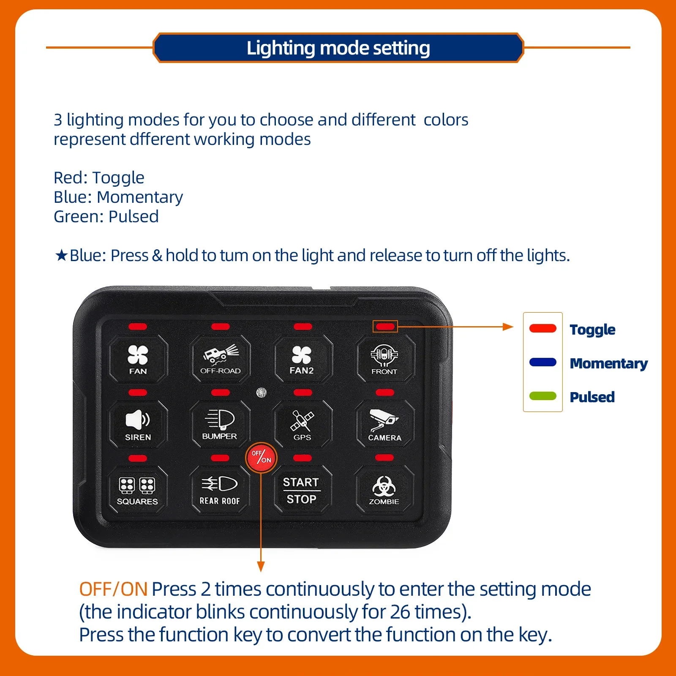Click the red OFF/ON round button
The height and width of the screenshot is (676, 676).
(261, 457)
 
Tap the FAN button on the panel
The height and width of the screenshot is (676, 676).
(138, 359)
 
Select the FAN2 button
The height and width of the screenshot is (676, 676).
(302, 359)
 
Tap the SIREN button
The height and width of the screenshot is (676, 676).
(138, 424)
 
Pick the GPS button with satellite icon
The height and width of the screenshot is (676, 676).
(302, 424)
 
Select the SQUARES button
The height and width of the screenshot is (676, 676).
(137, 490)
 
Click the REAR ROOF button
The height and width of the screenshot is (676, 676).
(220, 490)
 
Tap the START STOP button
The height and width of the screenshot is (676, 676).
(302, 490)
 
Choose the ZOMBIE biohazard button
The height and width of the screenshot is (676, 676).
(384, 490)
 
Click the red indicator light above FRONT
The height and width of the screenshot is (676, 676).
(385, 327)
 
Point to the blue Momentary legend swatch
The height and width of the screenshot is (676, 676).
(543, 362)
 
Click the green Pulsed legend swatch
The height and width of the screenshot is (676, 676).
(543, 396)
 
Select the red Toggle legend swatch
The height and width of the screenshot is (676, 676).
(543, 328)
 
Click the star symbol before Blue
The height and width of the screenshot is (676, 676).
(61, 255)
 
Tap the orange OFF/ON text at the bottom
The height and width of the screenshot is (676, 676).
(113, 589)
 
